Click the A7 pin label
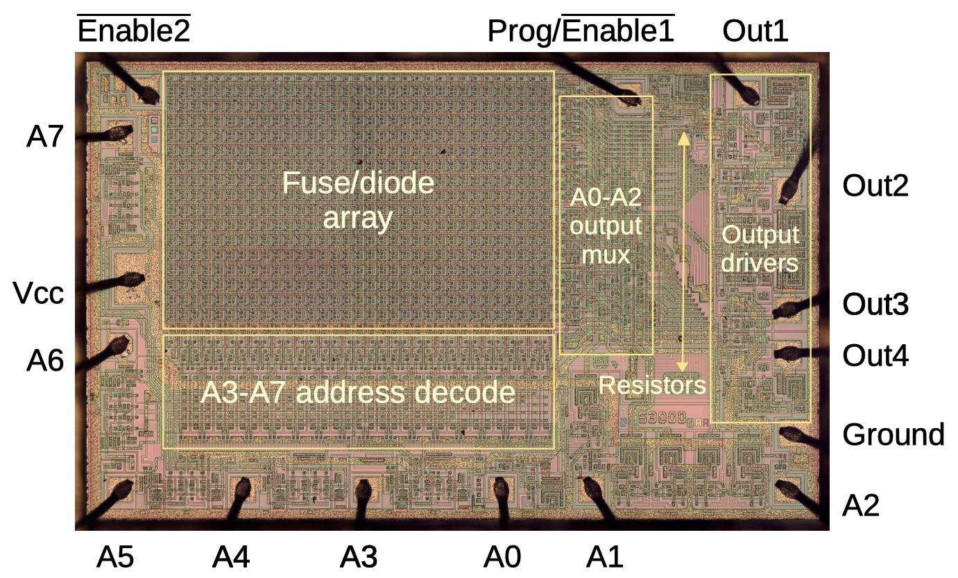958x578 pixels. (x=45, y=137)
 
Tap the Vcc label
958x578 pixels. (x=39, y=294)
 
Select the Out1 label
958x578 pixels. (x=755, y=31)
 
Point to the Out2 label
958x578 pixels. (x=875, y=186)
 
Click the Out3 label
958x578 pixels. (x=875, y=305)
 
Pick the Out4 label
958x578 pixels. (x=875, y=356)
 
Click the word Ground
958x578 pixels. (x=893, y=435)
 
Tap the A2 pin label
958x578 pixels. (x=860, y=506)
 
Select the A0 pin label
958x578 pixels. (x=502, y=556)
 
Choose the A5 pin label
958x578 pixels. (x=114, y=556)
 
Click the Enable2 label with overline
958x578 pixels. (x=133, y=31)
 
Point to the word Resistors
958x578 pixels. (x=651, y=385)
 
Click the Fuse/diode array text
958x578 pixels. (x=358, y=201)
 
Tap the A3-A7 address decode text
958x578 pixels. (x=357, y=393)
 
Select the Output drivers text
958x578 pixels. (x=760, y=249)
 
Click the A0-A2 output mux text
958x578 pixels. (x=606, y=226)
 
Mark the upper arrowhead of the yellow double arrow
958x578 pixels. (x=683, y=137)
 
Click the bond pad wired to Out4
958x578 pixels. (x=785, y=354)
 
